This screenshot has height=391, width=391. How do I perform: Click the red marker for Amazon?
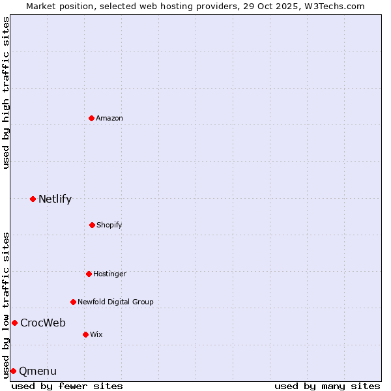coord(91,118)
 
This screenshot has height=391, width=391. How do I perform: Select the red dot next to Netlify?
coord(33,199)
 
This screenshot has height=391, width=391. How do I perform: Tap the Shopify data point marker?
coord(92,225)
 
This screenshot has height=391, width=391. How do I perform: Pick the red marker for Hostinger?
coord(89,274)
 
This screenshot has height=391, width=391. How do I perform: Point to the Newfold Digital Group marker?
coord(73,302)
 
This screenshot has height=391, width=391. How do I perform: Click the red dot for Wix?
coord(85,334)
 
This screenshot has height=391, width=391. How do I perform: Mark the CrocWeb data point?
coord(14,323)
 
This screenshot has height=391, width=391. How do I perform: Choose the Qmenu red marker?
coord(13,371)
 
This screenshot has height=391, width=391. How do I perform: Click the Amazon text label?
coord(109,118)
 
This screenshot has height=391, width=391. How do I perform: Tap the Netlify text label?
coord(55,199)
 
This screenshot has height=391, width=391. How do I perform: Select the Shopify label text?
coord(109,225)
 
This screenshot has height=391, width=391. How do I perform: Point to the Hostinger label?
coord(109,274)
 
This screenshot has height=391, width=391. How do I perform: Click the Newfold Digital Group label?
coord(115,302)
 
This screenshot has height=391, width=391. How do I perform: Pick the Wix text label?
coord(96,334)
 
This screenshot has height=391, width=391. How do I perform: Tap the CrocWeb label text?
coord(42,323)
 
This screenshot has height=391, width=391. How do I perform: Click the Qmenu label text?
coord(38,371)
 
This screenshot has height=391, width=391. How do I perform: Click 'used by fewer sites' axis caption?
coord(67,386)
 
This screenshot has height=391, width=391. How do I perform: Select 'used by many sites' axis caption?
coord(327,386)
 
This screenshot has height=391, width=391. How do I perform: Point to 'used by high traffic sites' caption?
coord(6,93)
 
